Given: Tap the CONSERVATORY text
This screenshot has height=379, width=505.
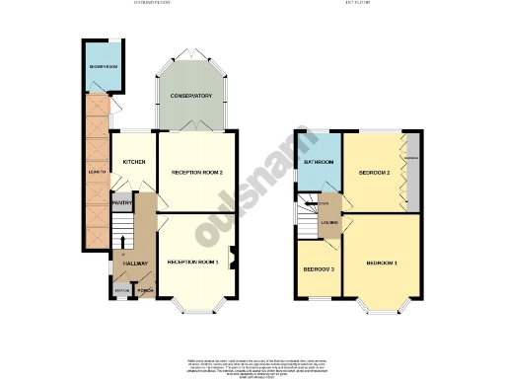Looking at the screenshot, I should (191, 96).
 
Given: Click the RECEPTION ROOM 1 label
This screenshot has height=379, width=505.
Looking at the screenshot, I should (192, 262).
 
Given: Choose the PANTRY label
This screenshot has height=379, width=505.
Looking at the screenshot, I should (121, 204).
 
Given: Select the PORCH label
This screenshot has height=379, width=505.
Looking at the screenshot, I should (144, 291).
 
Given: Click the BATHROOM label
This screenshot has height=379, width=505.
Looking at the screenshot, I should (319, 162).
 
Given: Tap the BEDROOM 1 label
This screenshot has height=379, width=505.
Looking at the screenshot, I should (381, 264).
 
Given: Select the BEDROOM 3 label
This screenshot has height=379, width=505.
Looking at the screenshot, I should (317, 269).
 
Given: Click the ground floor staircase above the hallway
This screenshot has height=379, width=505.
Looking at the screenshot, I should (119, 237).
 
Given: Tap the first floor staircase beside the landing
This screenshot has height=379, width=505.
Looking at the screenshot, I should (304, 220).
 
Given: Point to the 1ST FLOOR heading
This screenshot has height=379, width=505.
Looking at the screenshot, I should (357, 4).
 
